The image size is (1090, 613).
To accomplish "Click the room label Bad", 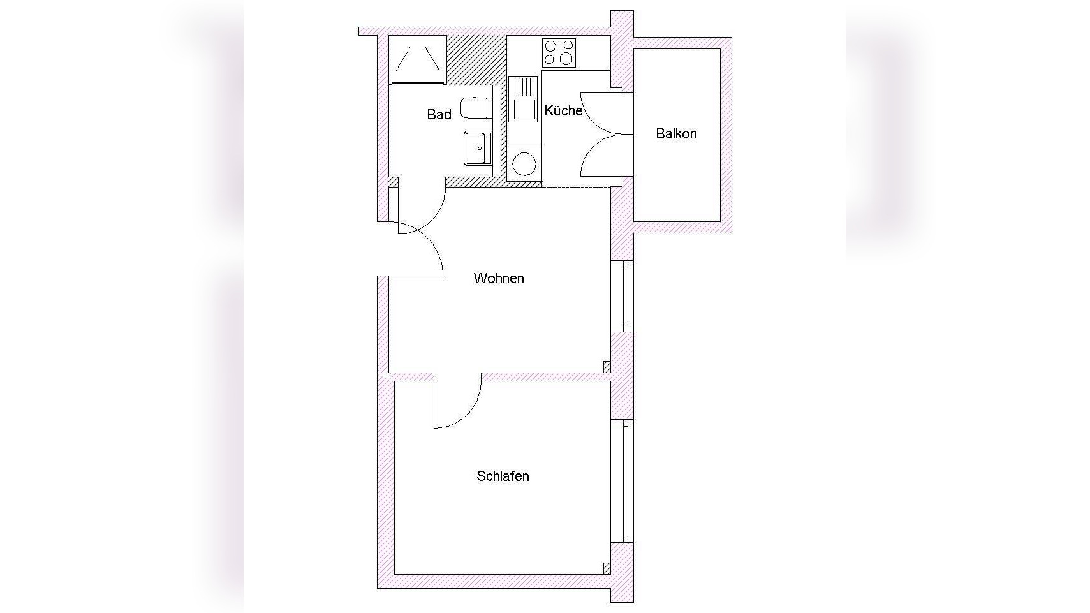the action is tap(439, 115).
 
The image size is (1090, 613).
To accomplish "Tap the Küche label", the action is tap(563, 110).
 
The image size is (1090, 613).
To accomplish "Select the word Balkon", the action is tap(676, 134).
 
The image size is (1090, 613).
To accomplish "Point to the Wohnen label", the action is tap(499, 278).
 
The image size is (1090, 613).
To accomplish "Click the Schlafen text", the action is tap(503, 476).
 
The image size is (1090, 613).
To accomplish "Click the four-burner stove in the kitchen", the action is tap(559, 52).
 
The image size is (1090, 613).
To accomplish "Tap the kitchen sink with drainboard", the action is tap(523, 99).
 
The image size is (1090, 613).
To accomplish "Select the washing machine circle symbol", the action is tap(524, 164).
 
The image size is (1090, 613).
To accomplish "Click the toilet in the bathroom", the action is tap(476, 108).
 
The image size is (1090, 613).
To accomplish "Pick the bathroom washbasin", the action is tap(478, 149).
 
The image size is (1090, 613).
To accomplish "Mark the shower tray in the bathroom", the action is tap(418, 59).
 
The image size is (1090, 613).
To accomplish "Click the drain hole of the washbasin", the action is tap(480, 149).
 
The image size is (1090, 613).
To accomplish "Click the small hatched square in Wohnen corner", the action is tap(607, 367).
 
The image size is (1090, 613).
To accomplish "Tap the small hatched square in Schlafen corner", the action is tap(607, 568).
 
